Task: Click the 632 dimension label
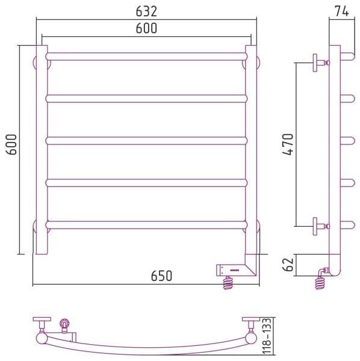[146, 11]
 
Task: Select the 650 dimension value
[161, 276]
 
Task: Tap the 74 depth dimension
[342, 11]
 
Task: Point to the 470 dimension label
[288, 144]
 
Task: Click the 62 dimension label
[288, 265]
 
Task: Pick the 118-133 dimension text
[267, 339]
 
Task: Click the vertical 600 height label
[11, 144]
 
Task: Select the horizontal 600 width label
[146, 28]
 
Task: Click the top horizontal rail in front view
[146, 57]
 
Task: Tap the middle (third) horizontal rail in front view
[146, 141]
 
